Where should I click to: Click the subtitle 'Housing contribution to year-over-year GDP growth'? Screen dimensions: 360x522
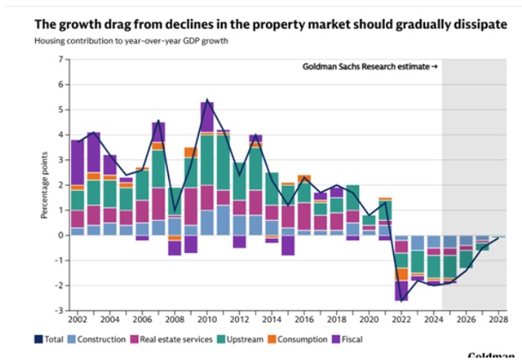pyautogui.click(x=133, y=41)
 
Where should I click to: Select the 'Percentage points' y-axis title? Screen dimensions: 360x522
pyautogui.click(x=43, y=185)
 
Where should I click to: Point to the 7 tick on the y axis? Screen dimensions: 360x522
pyautogui.click(x=60, y=59)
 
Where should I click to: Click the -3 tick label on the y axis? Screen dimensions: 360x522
pyautogui.click(x=59, y=311)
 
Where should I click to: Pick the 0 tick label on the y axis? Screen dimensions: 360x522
pyautogui.click(x=60, y=235)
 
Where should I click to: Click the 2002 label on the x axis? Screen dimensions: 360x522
pyautogui.click(x=78, y=320)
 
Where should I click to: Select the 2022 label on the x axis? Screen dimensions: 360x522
pyautogui.click(x=402, y=320)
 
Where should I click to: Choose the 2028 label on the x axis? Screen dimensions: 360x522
pyautogui.click(x=499, y=320)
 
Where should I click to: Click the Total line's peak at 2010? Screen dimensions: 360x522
pyautogui.click(x=207, y=100)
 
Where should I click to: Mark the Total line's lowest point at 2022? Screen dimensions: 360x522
pyautogui.click(x=402, y=301)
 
